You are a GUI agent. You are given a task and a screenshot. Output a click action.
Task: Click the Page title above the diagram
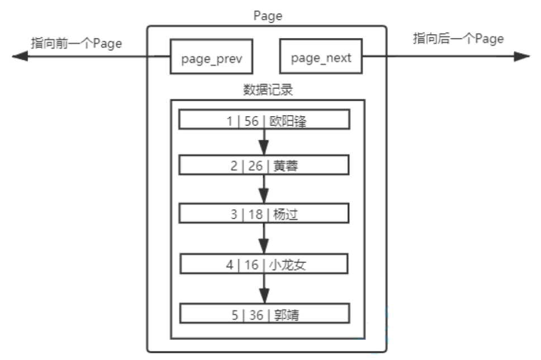pos(268,16)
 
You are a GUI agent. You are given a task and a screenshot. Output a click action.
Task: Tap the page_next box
pos(321,56)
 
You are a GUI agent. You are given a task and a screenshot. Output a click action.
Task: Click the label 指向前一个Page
pos(77,44)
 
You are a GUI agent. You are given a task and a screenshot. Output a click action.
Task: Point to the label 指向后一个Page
pos(458,39)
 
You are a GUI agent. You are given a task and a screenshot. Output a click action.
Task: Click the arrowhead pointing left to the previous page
pos(20,56)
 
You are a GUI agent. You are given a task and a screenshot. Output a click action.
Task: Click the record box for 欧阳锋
pos(264,120)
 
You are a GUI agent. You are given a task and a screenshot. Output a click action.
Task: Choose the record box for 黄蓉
pos(264,165)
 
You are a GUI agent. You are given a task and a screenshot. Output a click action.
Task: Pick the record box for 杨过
pos(264,213)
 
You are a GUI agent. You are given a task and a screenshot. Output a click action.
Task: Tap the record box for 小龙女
pos(264,263)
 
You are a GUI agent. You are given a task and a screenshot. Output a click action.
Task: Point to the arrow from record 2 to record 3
pos(264,190)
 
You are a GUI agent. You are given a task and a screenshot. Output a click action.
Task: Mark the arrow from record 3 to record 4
pos(264,238)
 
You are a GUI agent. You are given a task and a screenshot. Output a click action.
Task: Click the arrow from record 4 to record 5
pos(264,288)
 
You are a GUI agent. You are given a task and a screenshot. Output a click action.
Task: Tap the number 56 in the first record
pos(252,120)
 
